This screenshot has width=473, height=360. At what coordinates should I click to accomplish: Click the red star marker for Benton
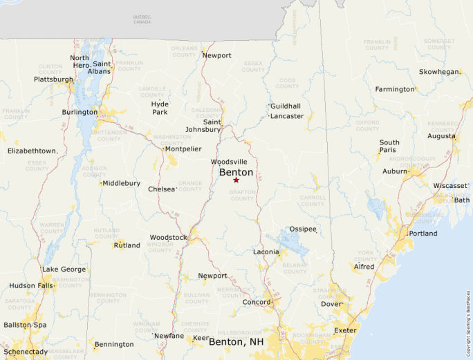tap(236, 180)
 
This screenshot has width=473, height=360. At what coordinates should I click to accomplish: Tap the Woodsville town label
tap(229, 162)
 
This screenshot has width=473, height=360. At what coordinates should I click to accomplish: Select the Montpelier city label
tap(183, 149)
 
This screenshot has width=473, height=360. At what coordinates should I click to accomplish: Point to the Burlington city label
tap(80, 112)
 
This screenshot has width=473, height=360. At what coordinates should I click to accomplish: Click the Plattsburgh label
tap(53, 79)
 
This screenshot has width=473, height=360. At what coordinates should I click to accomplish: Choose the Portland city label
tap(423, 234)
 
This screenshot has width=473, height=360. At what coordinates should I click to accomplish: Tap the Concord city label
tap(256, 303)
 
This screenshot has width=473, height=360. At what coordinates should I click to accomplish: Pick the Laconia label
tap(266, 252)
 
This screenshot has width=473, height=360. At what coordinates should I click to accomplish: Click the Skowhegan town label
tap(439, 72)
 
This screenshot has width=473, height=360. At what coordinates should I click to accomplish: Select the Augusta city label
tap(441, 136)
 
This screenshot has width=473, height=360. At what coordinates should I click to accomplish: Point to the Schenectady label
tap(24, 352)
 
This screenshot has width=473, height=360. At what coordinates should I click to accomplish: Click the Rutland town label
tap(127, 245)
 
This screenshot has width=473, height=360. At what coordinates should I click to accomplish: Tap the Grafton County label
tap(242, 196)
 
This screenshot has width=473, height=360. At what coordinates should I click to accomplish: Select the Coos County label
tap(286, 84)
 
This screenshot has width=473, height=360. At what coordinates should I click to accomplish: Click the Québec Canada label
tap(142, 19)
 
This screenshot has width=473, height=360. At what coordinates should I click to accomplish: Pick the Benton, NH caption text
tap(237, 342)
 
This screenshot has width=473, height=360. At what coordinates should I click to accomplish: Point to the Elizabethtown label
tap(32, 151)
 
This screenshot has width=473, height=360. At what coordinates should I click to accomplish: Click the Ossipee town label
tap(302, 229)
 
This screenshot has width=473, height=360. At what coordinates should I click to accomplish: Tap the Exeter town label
tap(345, 331)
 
